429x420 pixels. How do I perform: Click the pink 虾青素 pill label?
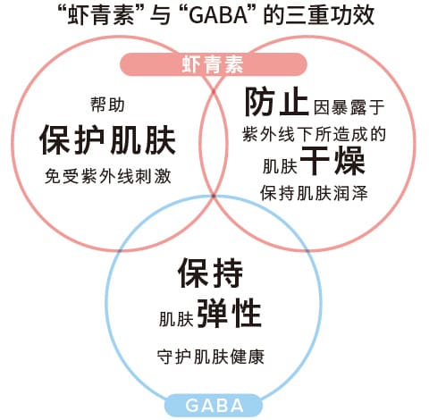(214, 64)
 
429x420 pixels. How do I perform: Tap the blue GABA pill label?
(214, 406)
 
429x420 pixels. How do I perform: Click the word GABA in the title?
(219, 16)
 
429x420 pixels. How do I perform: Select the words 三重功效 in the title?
(330, 15)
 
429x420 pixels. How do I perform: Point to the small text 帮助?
(107, 105)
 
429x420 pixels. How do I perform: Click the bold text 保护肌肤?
(107, 140)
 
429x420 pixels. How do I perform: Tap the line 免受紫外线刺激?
(108, 176)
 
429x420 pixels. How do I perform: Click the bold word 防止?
(277, 102)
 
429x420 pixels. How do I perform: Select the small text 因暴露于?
(349, 107)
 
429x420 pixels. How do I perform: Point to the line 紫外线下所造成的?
(314, 134)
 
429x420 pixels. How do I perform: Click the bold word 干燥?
(332, 161)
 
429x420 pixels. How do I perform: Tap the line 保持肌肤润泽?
(314, 193)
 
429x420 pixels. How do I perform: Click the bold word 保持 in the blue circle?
(210, 273)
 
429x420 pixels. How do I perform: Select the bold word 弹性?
(230, 313)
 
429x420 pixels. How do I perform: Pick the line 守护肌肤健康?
(211, 357)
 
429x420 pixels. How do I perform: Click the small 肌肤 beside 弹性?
(176, 319)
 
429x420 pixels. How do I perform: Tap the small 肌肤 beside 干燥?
(280, 166)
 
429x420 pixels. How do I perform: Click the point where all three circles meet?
(214, 196)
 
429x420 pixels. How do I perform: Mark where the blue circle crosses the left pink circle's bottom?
(120, 249)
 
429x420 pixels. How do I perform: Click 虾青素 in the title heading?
(101, 16)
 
